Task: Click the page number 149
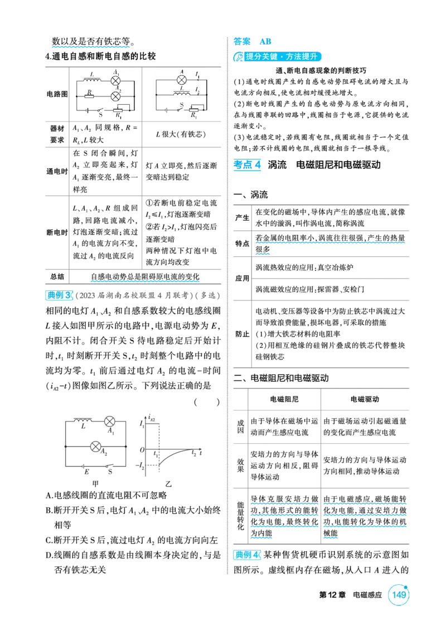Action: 399,595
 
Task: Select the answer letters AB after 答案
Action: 265,41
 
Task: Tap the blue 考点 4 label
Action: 247,164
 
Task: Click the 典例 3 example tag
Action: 59,295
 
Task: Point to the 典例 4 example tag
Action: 247,555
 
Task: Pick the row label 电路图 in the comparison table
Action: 57,94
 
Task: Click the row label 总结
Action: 57,276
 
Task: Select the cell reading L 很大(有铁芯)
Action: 181,134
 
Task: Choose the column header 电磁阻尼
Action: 284,399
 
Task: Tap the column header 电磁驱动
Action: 365,399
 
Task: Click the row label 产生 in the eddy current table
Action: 242,217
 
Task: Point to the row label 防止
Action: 242,334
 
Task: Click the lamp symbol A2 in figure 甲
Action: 96,447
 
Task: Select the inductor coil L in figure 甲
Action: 83,420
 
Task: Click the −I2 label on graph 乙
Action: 140,465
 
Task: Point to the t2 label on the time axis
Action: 194,453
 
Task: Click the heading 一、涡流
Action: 251,195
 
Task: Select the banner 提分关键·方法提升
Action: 278,57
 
